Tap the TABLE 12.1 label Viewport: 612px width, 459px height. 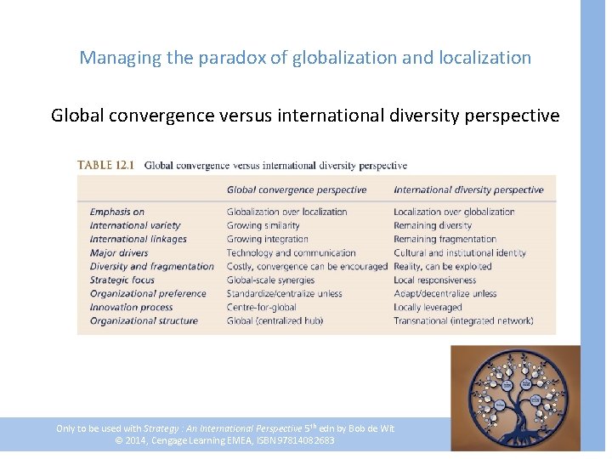(105, 166)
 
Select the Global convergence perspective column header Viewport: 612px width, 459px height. (297, 190)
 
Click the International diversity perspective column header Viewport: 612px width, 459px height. (468, 190)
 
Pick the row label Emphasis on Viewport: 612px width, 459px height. (117, 212)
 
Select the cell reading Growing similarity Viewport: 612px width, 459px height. (263, 225)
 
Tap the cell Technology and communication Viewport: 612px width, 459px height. (291, 252)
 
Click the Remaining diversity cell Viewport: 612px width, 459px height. (433, 225)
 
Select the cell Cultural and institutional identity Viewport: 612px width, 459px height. (460, 252)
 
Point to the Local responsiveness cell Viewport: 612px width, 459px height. (434, 280)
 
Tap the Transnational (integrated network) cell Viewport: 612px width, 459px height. (463, 320)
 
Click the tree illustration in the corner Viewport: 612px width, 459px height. (515, 397)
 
